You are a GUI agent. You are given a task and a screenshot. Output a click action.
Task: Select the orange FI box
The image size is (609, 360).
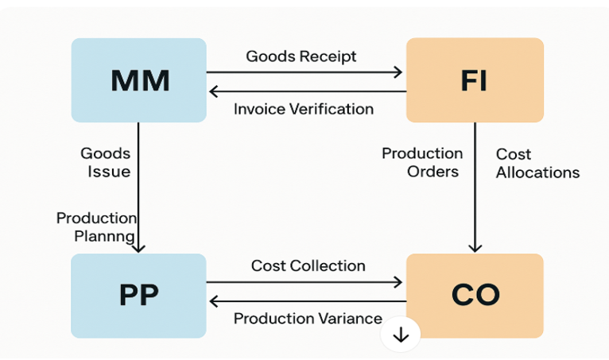(x=474, y=79)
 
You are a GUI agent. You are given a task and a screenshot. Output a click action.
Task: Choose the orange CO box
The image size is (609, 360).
(x=474, y=295)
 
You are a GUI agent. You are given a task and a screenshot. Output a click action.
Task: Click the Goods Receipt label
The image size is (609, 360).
(x=301, y=56)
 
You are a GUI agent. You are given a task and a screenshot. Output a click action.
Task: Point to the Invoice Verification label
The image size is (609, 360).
(x=304, y=109)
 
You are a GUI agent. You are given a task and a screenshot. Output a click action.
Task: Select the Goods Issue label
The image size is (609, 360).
(x=105, y=161)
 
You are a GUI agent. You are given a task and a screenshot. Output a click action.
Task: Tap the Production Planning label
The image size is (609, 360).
(x=96, y=226)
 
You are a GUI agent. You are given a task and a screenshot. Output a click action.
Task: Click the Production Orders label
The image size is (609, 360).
(x=421, y=161)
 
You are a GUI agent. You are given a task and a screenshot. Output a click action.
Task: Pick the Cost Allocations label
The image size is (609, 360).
(x=537, y=162)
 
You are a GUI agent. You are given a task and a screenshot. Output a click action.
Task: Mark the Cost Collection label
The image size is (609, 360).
(x=308, y=265)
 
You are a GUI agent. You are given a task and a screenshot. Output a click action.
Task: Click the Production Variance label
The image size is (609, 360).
(x=308, y=319)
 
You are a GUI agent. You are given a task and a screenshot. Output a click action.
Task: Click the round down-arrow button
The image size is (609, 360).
(x=401, y=335)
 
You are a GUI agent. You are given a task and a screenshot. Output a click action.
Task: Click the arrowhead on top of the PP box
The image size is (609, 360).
(x=138, y=247)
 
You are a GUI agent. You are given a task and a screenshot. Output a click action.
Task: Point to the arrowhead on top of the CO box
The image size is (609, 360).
(x=475, y=247)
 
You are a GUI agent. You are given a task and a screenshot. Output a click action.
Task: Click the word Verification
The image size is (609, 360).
(x=333, y=109)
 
